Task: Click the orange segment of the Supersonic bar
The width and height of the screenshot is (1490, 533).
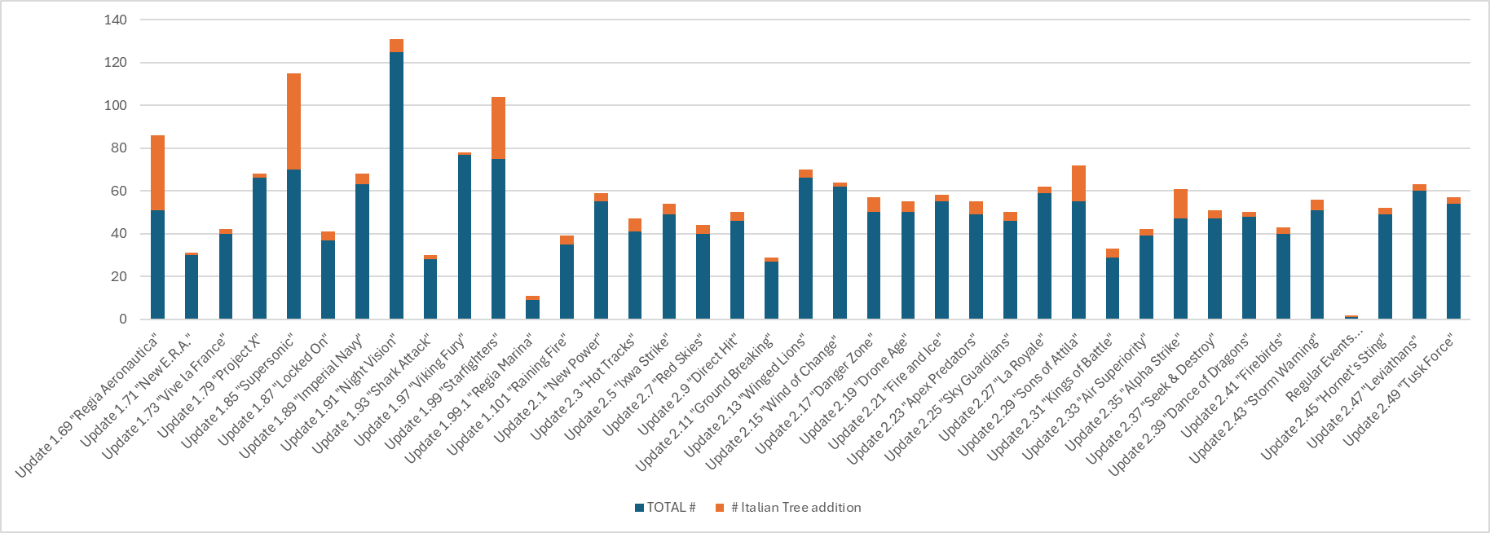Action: point(293,121)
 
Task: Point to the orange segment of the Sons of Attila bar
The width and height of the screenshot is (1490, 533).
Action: point(1078,183)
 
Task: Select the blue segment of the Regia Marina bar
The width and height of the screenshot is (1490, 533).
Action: point(532,310)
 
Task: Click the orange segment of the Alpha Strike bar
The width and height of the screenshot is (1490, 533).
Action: point(1180,204)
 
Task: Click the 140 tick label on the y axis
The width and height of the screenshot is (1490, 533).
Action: point(116,20)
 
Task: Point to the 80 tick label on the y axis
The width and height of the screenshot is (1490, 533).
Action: point(119,148)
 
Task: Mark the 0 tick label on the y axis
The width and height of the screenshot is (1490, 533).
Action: point(123,319)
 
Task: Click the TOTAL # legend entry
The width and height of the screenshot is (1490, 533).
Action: point(665,508)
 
